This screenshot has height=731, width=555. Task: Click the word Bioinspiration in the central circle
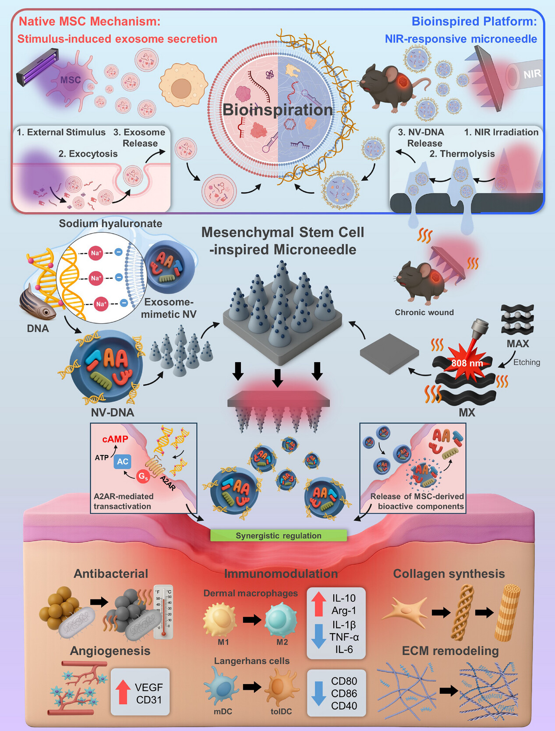click(278, 110)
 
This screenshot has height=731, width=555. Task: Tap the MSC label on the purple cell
click(71, 80)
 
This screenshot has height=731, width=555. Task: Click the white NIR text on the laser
click(532, 74)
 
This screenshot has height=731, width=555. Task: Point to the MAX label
click(518, 344)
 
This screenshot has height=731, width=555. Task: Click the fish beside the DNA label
click(38, 303)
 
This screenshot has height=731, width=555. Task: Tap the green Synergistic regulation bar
click(279, 535)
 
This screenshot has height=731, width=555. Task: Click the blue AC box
click(123, 461)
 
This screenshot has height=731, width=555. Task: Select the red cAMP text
click(115, 439)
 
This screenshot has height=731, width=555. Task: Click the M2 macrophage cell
click(281, 619)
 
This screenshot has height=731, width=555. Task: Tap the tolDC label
click(281, 711)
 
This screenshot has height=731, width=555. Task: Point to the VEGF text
click(148, 687)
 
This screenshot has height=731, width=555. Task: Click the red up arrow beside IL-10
click(318, 604)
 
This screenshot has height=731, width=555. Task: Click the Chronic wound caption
click(424, 312)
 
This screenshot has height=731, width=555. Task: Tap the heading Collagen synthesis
click(449, 574)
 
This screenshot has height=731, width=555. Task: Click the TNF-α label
click(344, 637)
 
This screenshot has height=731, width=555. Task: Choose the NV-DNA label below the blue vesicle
click(113, 412)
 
